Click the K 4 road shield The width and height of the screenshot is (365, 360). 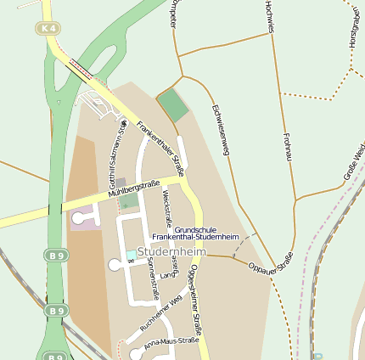click(x=48, y=29)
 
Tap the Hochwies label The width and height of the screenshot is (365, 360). click(x=269, y=17)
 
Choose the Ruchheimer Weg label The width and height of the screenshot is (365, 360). click(x=161, y=312)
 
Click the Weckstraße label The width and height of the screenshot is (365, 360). click(x=167, y=209)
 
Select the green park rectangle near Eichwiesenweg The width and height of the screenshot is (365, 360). click(x=173, y=105)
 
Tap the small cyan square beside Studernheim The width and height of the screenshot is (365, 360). click(x=131, y=255)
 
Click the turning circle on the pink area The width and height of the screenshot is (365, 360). click(x=79, y=218)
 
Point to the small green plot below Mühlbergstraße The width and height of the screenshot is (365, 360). click(x=128, y=201)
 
